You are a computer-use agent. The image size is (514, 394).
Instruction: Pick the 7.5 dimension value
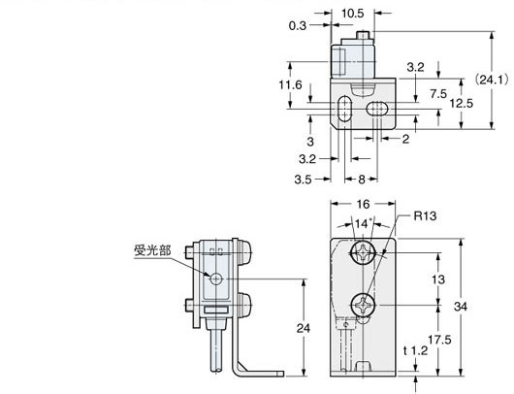(x=438, y=94)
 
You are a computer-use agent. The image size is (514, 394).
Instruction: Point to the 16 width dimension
(x=363, y=206)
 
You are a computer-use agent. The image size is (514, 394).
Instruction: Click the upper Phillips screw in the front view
(x=363, y=257)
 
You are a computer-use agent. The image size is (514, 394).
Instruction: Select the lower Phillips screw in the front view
(x=363, y=304)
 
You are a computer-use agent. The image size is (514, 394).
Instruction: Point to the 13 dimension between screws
(x=439, y=279)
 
